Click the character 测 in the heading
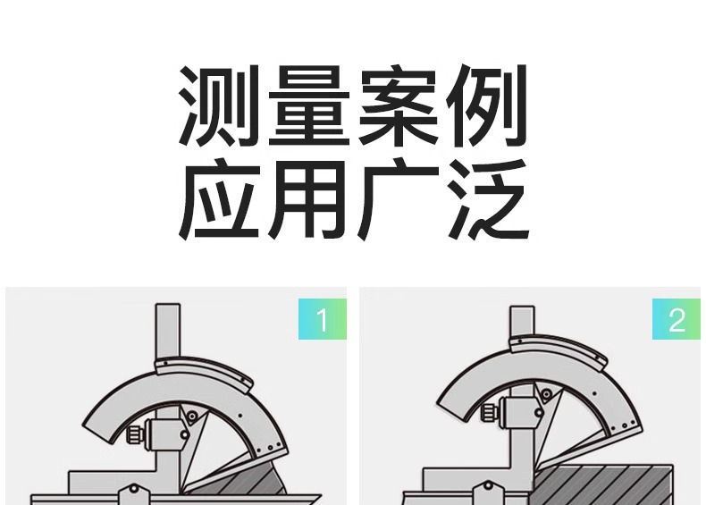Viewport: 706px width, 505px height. click(219, 105)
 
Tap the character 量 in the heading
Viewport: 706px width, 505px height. click(309, 105)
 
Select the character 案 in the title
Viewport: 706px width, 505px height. click(398, 105)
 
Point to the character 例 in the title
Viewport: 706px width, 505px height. click(487, 105)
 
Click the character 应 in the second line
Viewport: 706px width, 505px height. click(219, 198)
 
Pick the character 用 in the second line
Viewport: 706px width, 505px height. click(307, 198)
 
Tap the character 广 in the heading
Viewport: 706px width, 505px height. click(399, 198)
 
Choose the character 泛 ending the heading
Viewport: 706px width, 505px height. click(489, 198)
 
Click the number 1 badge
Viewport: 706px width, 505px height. click(323, 319)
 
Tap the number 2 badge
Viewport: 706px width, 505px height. click(677, 319)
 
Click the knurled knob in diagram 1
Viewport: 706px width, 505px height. click(135, 434)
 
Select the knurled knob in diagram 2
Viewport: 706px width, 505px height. click(489, 412)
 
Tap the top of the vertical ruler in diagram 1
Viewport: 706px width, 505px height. click(168, 305)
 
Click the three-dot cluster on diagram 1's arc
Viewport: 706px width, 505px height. click(270, 447)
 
